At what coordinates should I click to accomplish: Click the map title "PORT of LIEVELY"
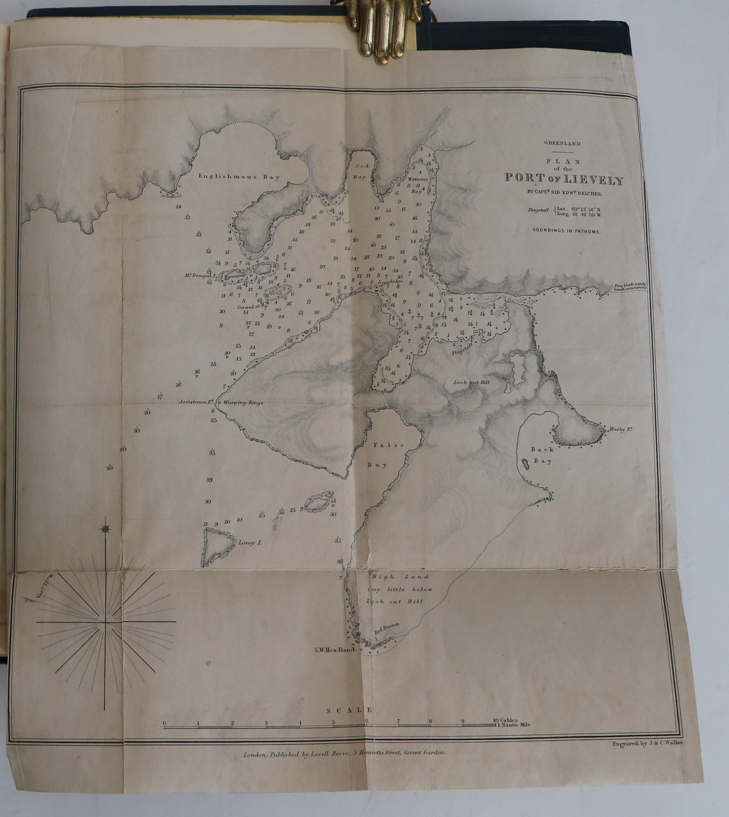pos(564,179)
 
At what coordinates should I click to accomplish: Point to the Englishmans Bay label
pos(239,177)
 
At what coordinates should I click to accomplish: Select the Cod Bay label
pos(359,171)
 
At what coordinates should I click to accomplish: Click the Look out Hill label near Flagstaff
pos(471,382)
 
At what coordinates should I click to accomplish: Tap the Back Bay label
pos(542,455)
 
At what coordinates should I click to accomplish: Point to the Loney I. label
pos(250,543)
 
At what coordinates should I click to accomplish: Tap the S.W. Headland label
pos(334,650)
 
